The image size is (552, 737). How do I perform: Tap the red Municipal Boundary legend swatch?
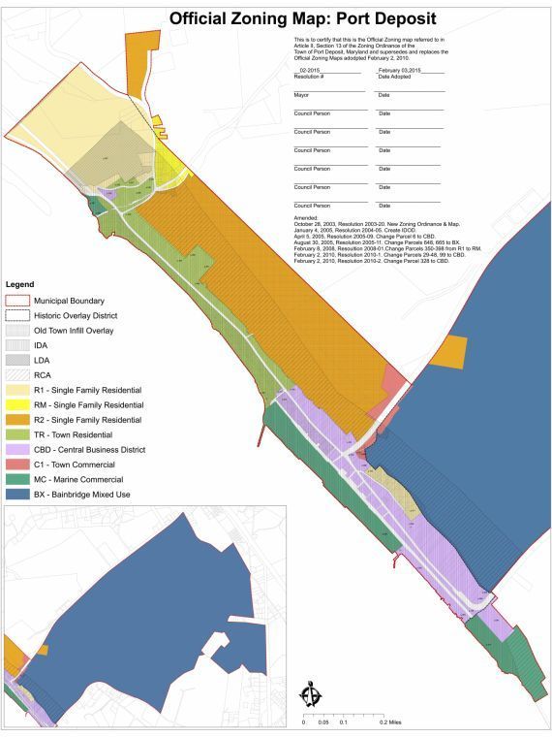point(16,301)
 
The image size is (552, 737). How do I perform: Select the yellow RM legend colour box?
point(16,405)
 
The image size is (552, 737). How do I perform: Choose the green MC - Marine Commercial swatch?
point(16,479)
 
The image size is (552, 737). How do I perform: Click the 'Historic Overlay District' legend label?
point(75,316)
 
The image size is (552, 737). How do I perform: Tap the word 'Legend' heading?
point(20,284)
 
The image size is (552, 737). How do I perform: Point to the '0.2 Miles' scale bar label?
point(391,722)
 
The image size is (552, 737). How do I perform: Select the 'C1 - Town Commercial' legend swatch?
point(16,465)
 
